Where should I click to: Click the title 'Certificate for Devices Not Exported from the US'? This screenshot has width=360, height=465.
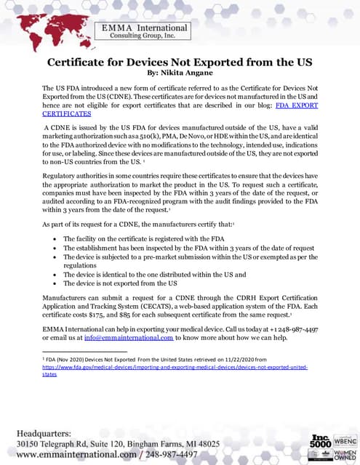pyautogui.click(x=179, y=62)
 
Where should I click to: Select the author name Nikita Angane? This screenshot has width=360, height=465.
pyautogui.click(x=187, y=73)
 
